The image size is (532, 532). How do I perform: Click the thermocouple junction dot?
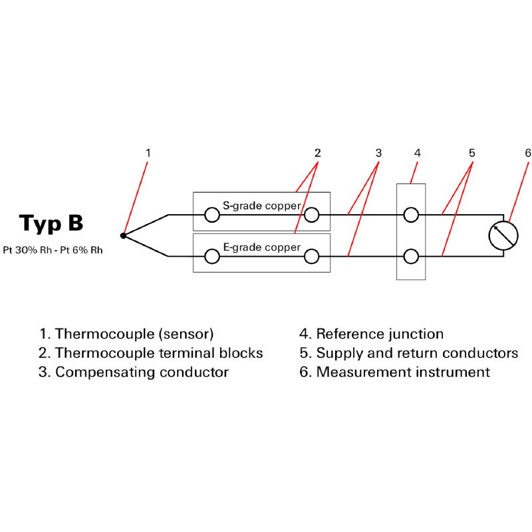123,235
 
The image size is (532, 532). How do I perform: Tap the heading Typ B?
51,224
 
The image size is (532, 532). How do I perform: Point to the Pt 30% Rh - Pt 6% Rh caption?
53,250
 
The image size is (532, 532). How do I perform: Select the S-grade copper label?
261,206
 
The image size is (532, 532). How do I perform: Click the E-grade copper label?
261,247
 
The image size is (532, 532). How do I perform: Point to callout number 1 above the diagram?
148,153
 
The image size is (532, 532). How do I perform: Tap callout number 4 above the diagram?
418,153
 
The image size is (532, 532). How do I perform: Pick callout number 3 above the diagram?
378,153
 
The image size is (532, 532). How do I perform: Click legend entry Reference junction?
372,334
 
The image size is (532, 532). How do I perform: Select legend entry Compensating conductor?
134,372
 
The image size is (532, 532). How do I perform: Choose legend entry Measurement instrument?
394,372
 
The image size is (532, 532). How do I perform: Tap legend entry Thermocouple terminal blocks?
151,353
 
